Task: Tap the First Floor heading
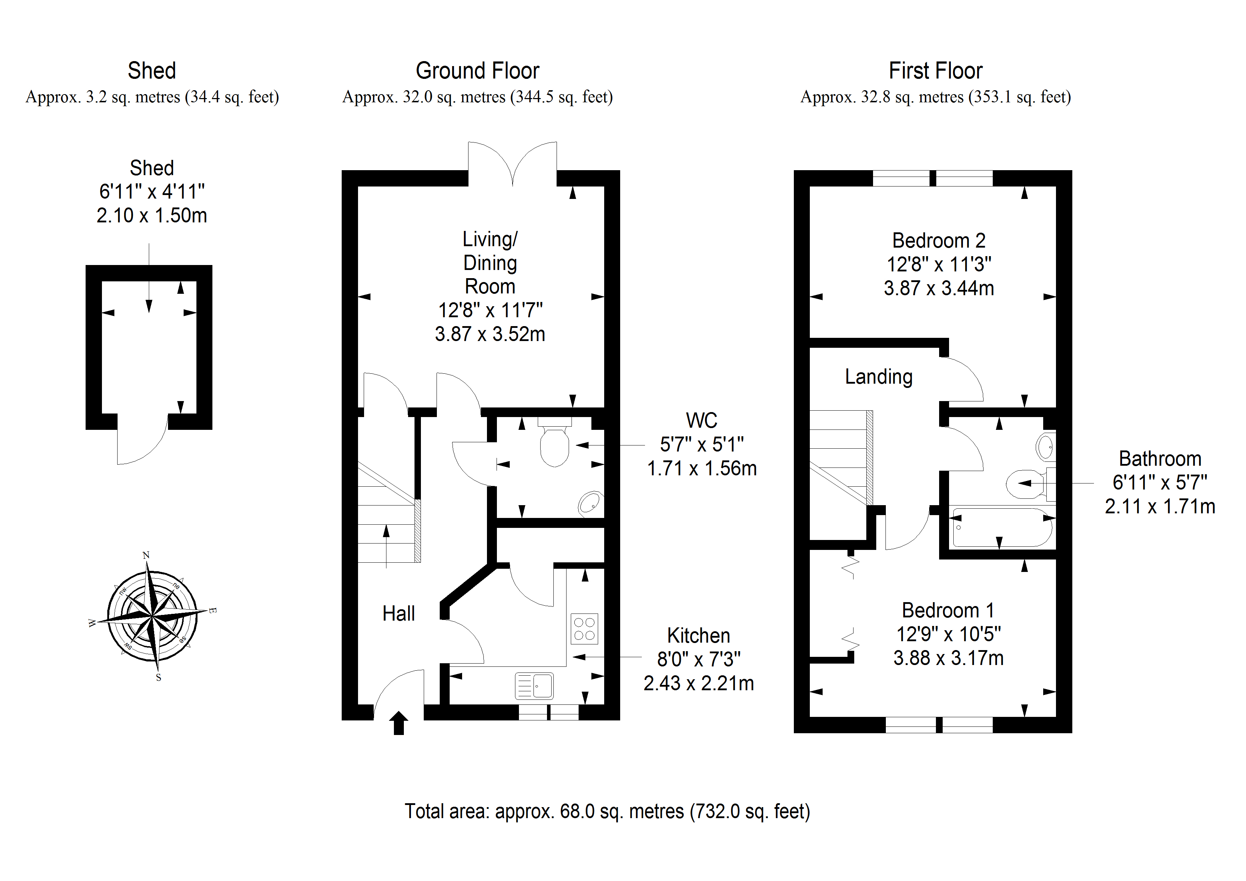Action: point(935,71)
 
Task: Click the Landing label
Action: point(879,377)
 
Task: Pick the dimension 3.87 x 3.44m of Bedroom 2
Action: point(938,288)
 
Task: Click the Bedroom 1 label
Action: point(948,610)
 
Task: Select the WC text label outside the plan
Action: point(701,421)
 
